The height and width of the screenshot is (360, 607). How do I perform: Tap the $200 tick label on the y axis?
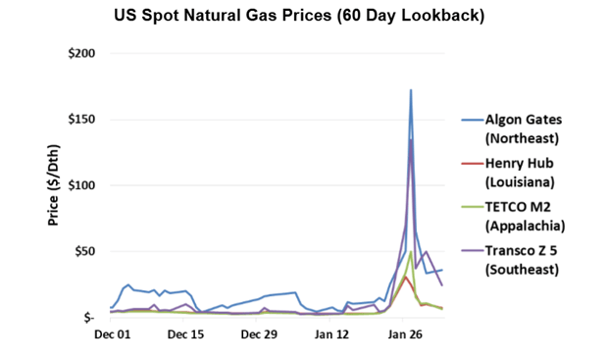tap(79, 53)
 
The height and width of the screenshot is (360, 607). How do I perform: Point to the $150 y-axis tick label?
tap(79, 120)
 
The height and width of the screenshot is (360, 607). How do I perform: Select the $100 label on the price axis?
tap(79, 185)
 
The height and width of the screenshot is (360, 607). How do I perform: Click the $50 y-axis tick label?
tap(82, 252)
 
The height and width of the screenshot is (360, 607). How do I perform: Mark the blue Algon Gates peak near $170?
tap(411, 90)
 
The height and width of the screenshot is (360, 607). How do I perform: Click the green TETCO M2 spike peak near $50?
tap(410, 252)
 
